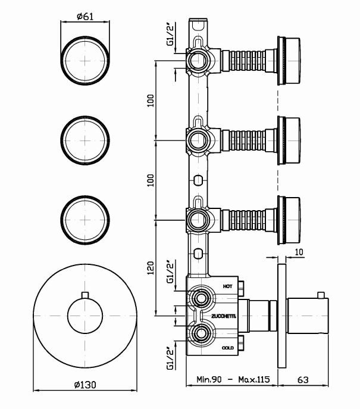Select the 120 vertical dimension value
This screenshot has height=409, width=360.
151,269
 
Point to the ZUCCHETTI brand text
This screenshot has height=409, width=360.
223,317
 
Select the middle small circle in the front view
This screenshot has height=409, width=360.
87,138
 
